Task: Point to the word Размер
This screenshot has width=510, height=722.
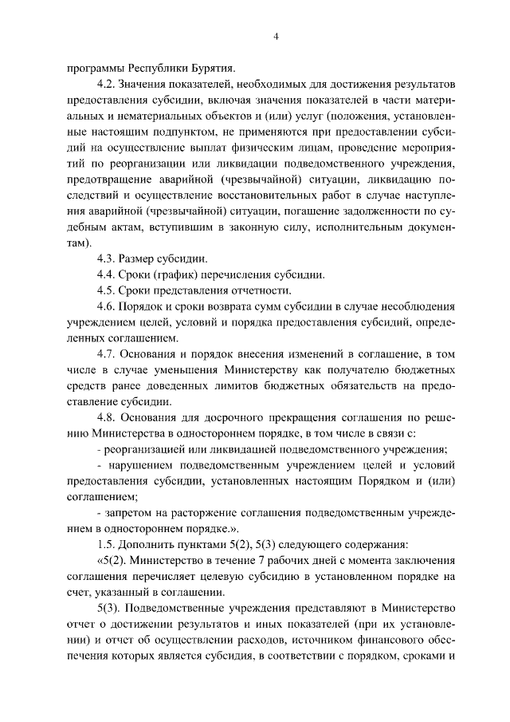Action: click(x=137, y=259)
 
